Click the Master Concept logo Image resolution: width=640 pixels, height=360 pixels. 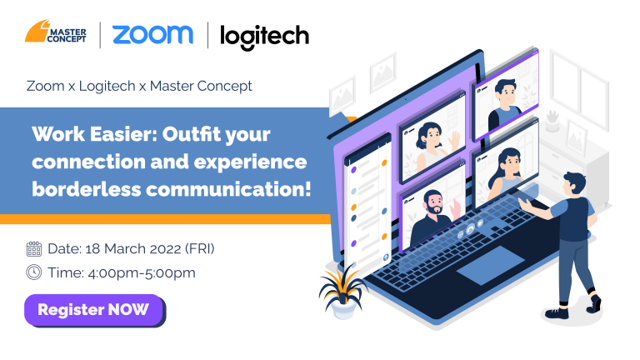tap(56, 32)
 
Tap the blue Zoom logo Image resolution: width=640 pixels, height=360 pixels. tap(152, 35)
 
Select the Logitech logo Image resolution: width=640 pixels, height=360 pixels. tap(264, 37)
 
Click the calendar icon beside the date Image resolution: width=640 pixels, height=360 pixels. tap(34, 248)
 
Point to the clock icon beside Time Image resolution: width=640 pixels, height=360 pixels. tap(34, 272)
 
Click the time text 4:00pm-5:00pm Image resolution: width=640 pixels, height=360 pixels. tap(142, 272)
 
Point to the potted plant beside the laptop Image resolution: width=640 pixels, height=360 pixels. tap(342, 291)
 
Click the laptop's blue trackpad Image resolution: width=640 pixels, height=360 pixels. tap(490, 265)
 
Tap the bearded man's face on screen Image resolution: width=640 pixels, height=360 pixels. tap(433, 202)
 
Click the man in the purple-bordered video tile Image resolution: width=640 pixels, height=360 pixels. tap(505, 104)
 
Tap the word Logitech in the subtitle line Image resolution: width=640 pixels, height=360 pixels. tap(107, 86)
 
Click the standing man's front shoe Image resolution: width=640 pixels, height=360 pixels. tap(557, 313)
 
